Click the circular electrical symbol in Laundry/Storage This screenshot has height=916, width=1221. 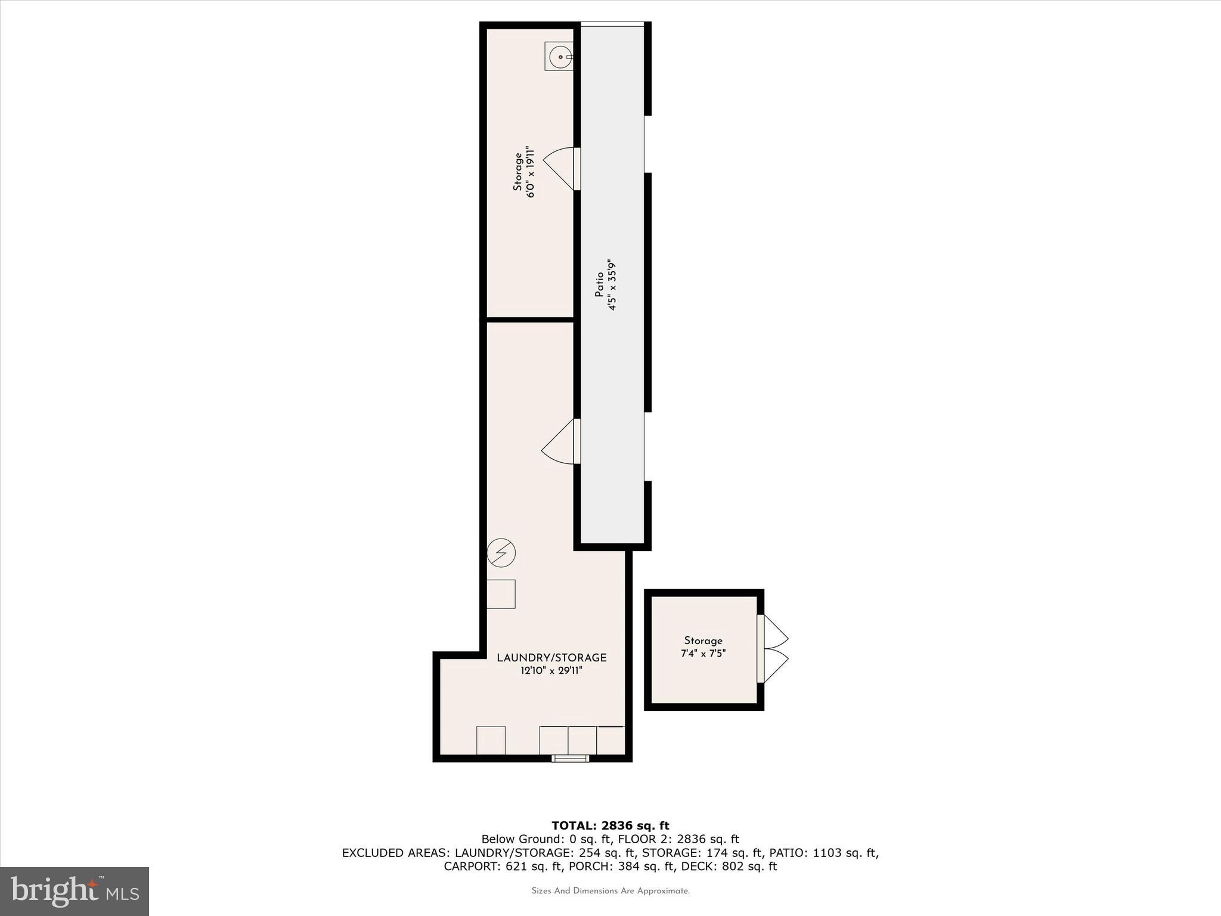501,553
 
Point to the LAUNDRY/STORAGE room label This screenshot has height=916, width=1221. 551,658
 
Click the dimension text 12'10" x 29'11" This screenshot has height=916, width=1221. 551,671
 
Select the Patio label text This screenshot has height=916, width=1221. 599,285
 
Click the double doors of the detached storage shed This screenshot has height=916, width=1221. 773,649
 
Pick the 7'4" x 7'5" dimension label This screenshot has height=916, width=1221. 703,654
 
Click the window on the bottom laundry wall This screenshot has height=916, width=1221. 570,759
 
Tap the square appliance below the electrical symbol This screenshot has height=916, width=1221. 501,594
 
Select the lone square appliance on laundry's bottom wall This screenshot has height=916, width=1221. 491,740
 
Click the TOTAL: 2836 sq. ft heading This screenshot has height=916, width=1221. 610,826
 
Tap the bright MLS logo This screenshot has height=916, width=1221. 75,891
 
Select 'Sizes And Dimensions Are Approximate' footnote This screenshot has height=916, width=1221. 610,891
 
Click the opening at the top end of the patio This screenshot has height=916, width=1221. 612,24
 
